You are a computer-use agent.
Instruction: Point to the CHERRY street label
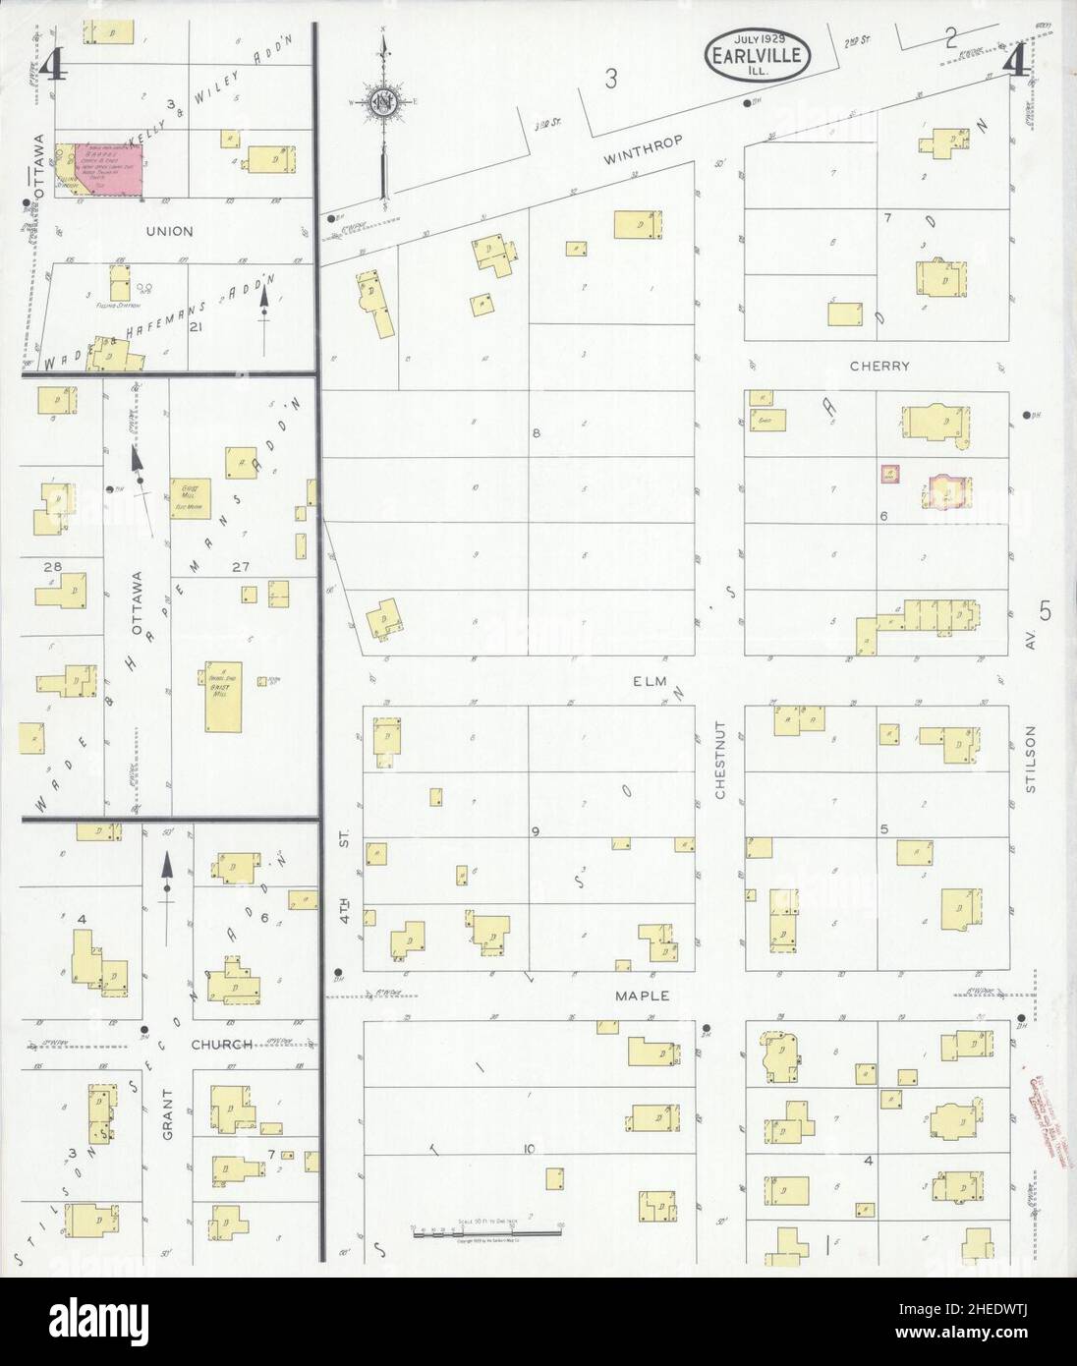[880, 366]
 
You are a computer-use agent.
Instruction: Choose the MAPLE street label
[642, 996]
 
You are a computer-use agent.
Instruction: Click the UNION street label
[169, 232]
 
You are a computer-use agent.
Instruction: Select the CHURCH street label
[222, 1044]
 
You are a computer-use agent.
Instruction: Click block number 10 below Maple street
[530, 1147]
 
